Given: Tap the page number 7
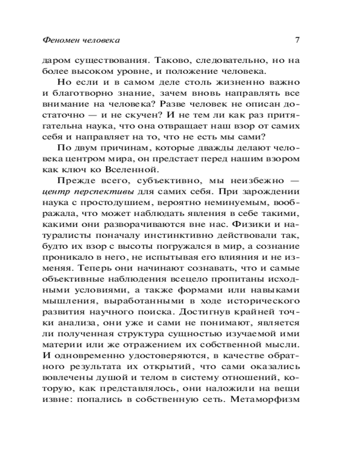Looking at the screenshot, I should pos(297,40).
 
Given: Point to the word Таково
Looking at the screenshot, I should pos(171,60).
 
